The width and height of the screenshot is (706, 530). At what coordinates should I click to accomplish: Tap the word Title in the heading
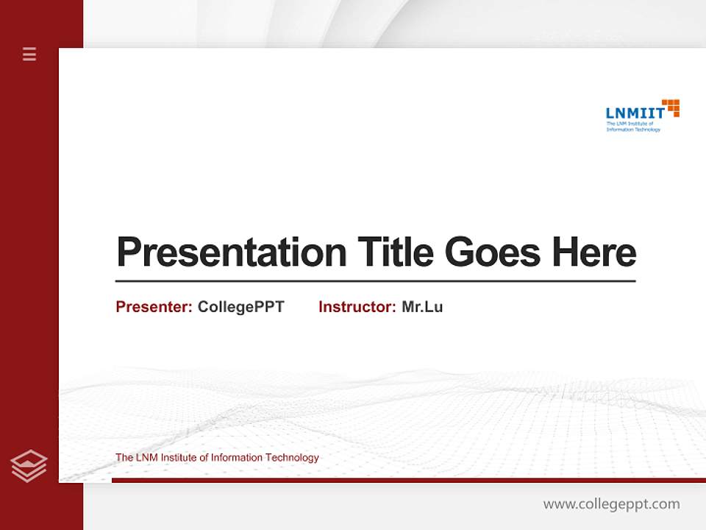[x=395, y=253]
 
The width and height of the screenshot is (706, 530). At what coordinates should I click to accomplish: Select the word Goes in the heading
[x=493, y=253]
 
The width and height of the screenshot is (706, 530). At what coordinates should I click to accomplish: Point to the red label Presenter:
[x=154, y=307]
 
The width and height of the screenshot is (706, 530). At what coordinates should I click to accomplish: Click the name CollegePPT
[x=240, y=307]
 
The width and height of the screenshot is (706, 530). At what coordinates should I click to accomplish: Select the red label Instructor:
[x=357, y=307]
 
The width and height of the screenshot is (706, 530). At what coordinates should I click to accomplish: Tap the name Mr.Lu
[x=422, y=307]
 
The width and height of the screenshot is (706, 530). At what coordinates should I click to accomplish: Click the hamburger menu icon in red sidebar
[x=29, y=54]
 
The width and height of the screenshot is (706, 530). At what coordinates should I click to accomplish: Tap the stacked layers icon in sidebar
[x=29, y=466]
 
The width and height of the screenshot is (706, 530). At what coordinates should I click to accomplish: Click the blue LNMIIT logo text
[x=635, y=113]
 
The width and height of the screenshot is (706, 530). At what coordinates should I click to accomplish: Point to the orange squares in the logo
[x=671, y=107]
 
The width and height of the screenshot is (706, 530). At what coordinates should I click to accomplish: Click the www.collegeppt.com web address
[x=611, y=504]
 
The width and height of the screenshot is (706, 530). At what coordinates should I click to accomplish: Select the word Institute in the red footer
[x=180, y=458]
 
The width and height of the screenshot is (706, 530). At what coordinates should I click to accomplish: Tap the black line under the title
[x=375, y=281]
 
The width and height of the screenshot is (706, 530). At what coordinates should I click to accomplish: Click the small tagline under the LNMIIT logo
[x=632, y=127]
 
